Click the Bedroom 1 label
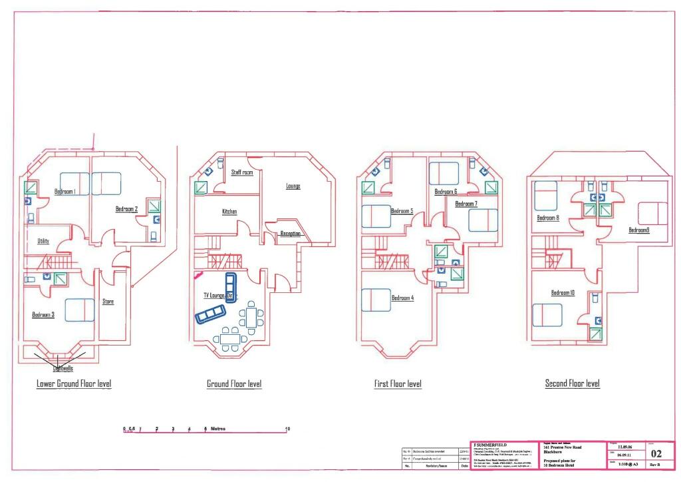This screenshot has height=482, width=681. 65,192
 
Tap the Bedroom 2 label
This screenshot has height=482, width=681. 126,209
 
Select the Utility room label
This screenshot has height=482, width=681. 43,241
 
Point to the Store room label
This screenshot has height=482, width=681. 108,302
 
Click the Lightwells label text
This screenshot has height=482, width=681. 63,367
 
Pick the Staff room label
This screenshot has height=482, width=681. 242,172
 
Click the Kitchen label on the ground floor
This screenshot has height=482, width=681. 229,212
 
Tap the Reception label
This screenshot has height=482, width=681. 291,234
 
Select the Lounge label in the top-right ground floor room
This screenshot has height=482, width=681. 293,186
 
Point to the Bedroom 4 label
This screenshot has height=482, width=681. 402,298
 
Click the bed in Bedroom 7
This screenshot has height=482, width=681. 483,220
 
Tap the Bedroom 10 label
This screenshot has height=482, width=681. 563,293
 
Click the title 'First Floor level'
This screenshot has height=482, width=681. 397,384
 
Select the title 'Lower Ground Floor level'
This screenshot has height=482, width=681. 74,384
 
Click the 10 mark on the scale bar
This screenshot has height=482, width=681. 287,429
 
